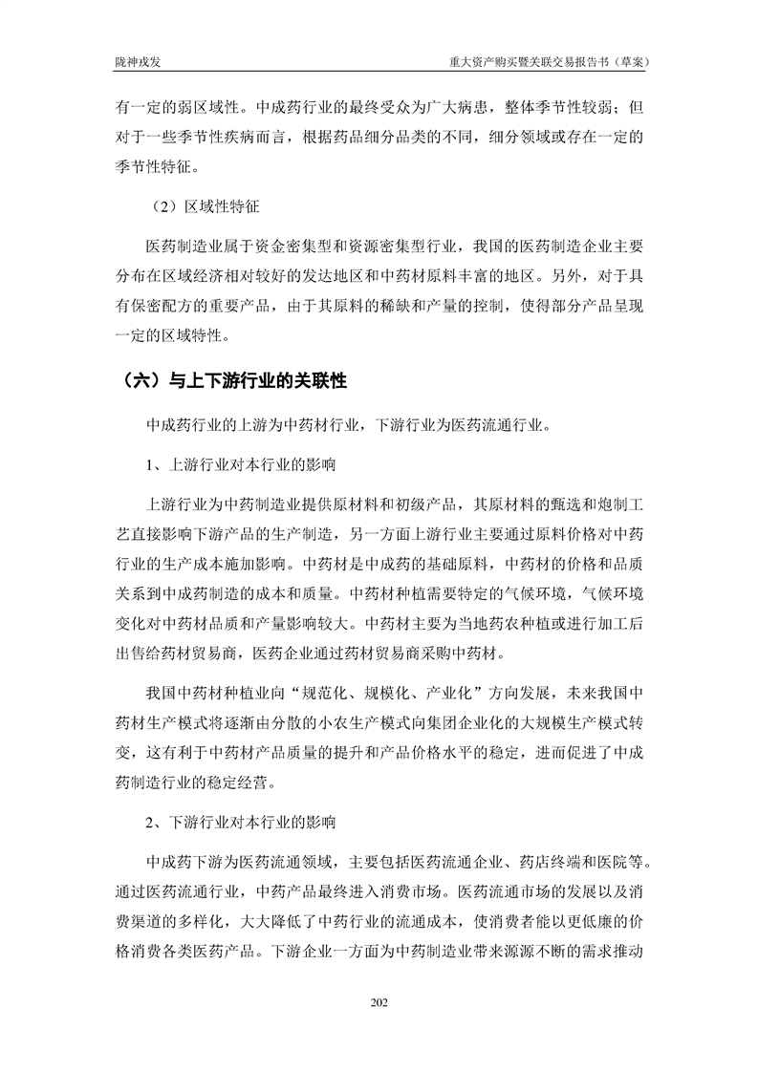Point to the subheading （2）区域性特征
(x=206, y=205)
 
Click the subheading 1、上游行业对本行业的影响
(x=239, y=466)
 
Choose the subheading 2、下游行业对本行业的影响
(x=239, y=822)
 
